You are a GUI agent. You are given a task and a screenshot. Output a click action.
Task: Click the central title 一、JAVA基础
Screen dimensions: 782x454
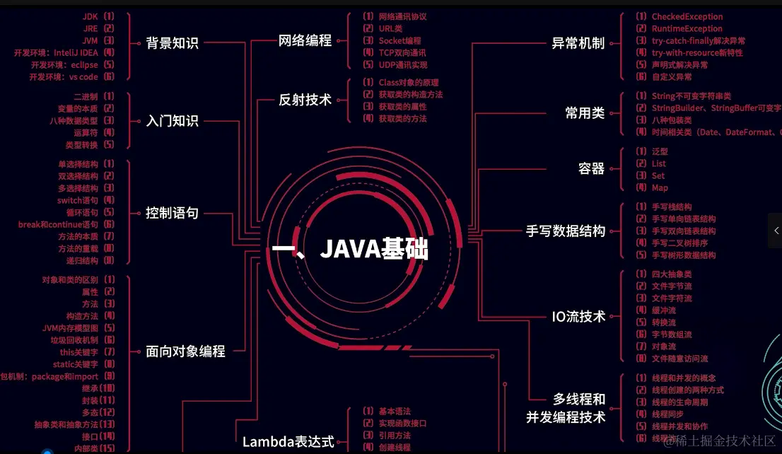(351, 249)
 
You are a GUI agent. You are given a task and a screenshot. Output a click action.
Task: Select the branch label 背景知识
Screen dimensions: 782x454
(173, 42)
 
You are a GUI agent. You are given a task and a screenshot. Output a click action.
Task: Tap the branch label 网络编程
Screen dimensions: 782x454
(305, 40)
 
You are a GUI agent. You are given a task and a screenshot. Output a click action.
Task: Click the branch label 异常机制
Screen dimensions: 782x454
(578, 42)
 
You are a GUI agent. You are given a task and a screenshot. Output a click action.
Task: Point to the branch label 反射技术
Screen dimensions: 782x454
(305, 100)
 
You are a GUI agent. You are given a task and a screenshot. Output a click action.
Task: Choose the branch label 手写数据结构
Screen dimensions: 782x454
(566, 231)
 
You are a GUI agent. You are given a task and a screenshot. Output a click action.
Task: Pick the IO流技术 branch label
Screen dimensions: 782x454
(578, 317)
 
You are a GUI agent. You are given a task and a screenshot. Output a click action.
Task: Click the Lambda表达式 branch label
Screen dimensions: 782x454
(288, 442)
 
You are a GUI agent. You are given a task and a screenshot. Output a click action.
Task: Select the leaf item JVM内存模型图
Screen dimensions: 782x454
(70, 328)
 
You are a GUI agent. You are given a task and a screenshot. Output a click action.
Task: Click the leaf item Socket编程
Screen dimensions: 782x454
(399, 41)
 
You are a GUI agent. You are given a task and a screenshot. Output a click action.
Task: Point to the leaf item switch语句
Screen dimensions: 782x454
(78, 200)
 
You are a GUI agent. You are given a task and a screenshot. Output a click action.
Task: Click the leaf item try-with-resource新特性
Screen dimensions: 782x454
(696, 53)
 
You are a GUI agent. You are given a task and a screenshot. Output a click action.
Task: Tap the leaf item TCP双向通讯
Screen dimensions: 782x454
(402, 53)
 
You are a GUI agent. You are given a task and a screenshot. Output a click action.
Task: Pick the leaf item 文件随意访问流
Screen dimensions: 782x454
(679, 359)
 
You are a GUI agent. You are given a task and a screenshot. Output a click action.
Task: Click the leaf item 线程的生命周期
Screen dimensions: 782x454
(679, 402)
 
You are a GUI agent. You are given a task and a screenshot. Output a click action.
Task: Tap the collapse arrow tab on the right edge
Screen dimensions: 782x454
(776, 231)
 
